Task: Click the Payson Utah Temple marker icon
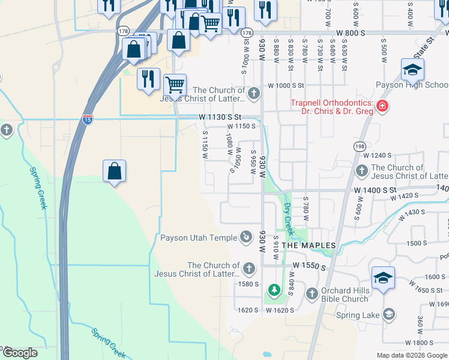click(x=246, y=237)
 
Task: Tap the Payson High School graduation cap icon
click(x=412, y=70)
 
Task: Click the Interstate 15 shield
click(x=88, y=120)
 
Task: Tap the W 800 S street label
click(x=351, y=33)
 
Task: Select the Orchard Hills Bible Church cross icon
click(x=312, y=293)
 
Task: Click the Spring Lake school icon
click(x=388, y=314)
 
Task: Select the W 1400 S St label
click(x=376, y=189)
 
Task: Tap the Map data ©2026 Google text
click(x=412, y=355)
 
